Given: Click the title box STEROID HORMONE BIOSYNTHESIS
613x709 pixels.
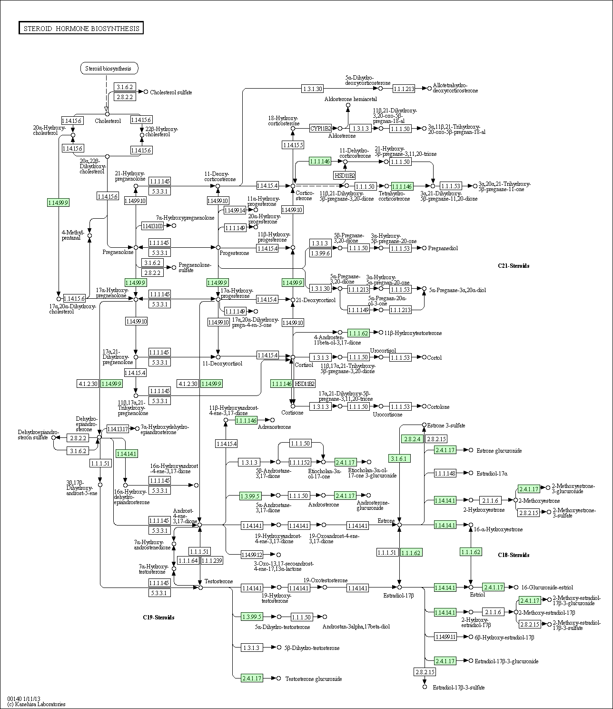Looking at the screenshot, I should click(81, 29).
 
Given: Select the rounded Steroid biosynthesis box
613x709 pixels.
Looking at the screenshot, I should click(109, 69).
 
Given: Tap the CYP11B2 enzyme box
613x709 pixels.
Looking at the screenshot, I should click(320, 128).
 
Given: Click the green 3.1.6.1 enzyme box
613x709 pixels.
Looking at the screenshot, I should click(400, 458).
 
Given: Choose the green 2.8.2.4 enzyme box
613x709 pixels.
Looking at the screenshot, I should click(412, 439).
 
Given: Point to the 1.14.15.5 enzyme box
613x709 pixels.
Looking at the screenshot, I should click(293, 145).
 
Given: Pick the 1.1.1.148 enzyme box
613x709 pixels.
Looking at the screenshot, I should click(445, 473).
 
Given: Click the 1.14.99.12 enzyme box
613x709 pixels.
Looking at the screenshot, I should click(252, 555).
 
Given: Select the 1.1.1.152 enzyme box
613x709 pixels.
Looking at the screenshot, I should click(299, 462).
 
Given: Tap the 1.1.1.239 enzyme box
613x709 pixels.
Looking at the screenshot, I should click(212, 560).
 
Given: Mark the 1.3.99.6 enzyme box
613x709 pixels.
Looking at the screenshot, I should click(320, 253).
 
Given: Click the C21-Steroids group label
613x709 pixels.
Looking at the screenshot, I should click(514, 266).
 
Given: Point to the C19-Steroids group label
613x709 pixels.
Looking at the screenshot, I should click(158, 618).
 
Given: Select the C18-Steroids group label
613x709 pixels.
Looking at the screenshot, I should click(514, 555).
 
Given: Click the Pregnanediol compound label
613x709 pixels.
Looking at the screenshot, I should click(443, 248).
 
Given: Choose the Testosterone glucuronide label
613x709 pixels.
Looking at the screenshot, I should click(313, 679).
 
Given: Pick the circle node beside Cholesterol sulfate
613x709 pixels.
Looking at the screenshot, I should click(146, 91).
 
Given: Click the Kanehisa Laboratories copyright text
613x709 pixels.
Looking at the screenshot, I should click(36, 704).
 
